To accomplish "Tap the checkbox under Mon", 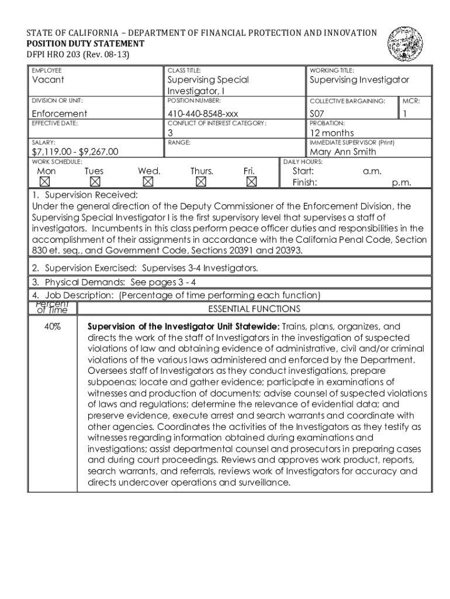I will pyautogui.click(x=44, y=182).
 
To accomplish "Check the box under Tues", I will pyautogui.click(x=95, y=182).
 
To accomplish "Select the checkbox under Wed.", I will pyautogui.click(x=148, y=182).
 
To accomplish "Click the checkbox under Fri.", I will pyautogui.click(x=251, y=182).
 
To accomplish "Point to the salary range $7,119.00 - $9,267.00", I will pyautogui.click(x=75, y=152).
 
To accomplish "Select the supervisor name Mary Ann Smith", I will pyautogui.click(x=342, y=152).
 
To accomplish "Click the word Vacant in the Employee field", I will pyautogui.click(x=48, y=80).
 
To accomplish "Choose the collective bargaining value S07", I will pyautogui.click(x=317, y=113).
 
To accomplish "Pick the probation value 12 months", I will pyautogui.click(x=331, y=133).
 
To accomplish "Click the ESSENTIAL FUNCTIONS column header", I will pyautogui.click(x=254, y=309).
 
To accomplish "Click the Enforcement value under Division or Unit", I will pyautogui.click(x=59, y=113).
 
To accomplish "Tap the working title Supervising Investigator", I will pyautogui.click(x=359, y=80).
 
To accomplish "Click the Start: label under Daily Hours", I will pyautogui.click(x=303, y=171).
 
